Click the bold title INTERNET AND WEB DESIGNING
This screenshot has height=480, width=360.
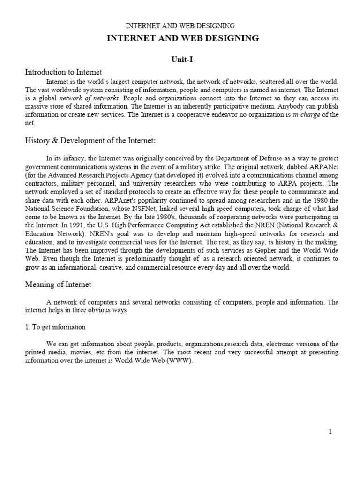[183, 38]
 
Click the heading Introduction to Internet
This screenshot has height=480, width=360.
[63, 72]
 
